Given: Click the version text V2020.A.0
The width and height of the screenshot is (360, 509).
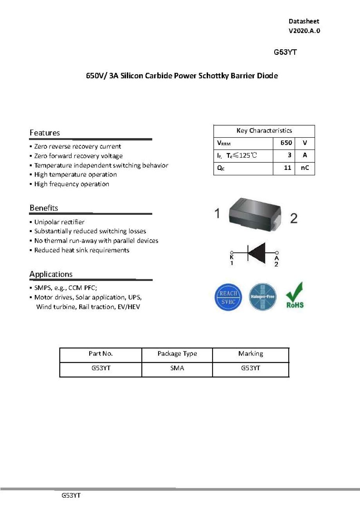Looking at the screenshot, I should [304, 31].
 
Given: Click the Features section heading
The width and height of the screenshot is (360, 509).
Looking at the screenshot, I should [45, 133].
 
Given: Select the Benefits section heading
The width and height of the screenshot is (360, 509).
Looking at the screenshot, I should [43, 208].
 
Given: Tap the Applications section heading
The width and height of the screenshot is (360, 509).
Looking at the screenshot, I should [51, 274].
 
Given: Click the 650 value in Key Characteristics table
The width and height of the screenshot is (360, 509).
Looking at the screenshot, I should [286, 143].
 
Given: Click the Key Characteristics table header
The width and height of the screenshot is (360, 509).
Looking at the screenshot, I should [264, 131].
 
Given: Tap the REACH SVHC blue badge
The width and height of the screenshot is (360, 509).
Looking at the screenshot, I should [228, 297].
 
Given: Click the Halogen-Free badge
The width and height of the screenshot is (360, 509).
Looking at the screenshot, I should [263, 297].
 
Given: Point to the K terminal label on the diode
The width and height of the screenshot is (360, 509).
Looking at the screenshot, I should [232, 258].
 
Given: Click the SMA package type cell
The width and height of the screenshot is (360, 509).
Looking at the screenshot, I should [177, 368].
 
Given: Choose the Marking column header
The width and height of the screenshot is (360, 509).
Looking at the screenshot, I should [250, 354].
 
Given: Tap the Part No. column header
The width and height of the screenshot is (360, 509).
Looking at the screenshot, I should [101, 354].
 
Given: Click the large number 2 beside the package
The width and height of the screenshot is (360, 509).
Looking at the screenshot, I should [293, 218].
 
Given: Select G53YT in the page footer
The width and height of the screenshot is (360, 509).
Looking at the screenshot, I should [71, 495].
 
